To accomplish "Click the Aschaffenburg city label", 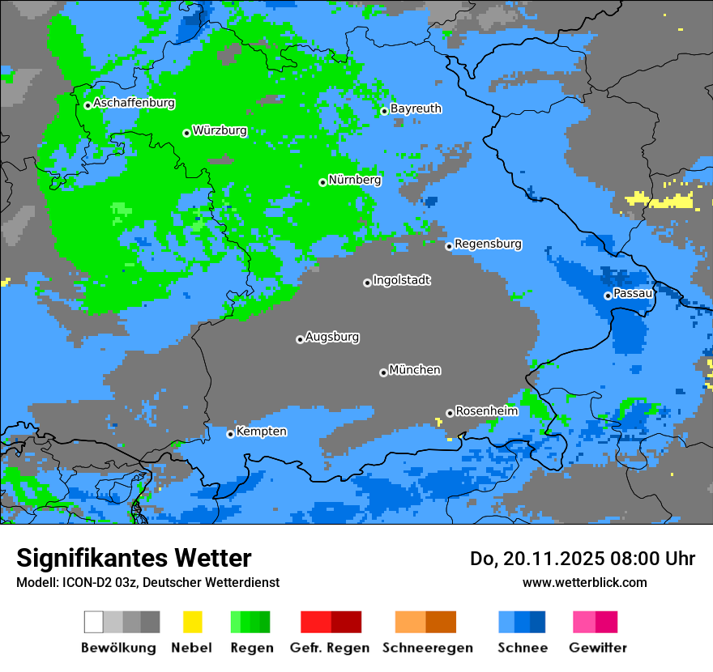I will point(134,103).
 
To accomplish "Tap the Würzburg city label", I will point(220,130).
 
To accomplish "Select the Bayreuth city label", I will point(416,108).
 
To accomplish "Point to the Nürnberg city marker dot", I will point(322,182).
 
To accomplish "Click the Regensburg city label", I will point(488,244).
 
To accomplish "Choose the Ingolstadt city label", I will point(401,280).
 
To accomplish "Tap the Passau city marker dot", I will point(608,296).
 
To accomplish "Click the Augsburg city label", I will point(332,337).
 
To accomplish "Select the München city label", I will point(415,370).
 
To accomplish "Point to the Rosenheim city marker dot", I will point(450,413).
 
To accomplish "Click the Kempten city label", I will point(261,432).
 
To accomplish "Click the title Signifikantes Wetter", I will point(134,558).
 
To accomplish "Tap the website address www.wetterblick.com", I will point(584,582).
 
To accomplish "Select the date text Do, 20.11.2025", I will point(536,559).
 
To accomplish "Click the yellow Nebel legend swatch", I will point(192,622).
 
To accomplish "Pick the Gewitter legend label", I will point(597,648).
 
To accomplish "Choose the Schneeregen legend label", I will point(427,648).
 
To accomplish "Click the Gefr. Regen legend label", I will point(330,648).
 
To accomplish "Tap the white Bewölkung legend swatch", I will point(93,622).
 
